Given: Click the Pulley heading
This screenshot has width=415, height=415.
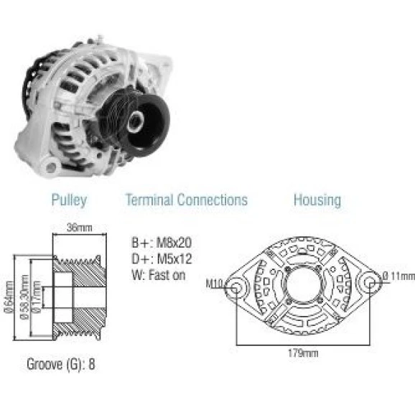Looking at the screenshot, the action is tap(69, 200).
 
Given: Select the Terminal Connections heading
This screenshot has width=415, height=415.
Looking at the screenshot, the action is tap(187, 200).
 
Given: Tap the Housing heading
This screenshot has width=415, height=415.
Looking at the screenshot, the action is tap(317, 200).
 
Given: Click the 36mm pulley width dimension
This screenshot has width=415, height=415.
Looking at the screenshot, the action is tap(80, 228).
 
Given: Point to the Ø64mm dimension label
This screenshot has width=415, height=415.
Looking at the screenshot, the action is tap(9, 297).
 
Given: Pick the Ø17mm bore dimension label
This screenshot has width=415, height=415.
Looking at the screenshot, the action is tap(37, 297).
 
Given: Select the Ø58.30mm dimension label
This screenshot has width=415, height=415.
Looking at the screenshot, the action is tap(24, 297).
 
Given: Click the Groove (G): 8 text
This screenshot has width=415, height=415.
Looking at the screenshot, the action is tap(61, 364).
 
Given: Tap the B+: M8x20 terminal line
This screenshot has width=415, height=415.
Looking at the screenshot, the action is tap(162, 243).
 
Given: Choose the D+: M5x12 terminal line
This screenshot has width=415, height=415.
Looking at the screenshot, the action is tap(162, 259).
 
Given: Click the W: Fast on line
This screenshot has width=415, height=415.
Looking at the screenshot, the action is tap(159, 275).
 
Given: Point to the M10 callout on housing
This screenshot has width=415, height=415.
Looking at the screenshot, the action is tap(214, 284).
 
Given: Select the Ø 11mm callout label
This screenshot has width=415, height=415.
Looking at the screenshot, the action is tap(399, 276).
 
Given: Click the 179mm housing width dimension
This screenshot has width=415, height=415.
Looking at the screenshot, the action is tap(303, 353).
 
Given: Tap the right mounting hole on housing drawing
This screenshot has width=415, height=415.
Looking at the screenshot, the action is tap(370, 283).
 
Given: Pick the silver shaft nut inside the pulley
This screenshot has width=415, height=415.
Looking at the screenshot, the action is tap(135, 122).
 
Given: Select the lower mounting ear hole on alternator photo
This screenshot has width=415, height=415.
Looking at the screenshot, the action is tap(50, 167).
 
